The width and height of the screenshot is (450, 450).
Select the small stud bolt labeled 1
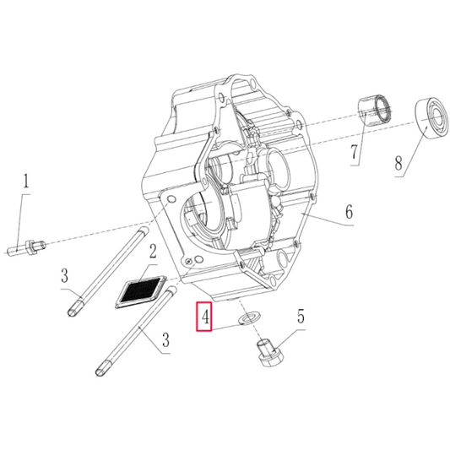point(24,247)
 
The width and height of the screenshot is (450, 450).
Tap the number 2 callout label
point(153,250)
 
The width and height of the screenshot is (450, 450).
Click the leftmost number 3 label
point(63,274)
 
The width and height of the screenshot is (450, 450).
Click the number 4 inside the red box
point(203,316)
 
